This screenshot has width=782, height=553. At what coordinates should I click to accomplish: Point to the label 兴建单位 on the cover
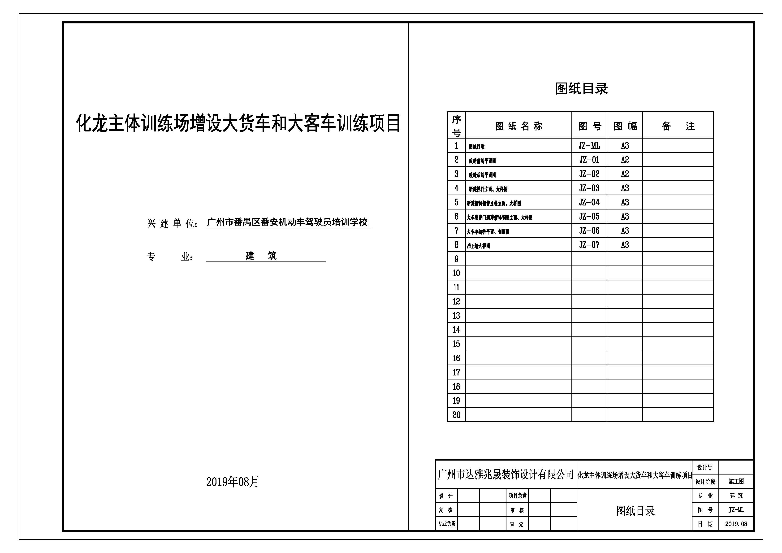[172, 223]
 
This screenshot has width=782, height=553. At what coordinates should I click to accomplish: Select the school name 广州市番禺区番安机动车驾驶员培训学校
[287, 222]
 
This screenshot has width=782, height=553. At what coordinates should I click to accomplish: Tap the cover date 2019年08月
[233, 481]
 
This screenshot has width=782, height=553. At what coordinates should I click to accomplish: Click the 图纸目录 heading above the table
[581, 89]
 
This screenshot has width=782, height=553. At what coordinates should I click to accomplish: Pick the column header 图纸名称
[518, 126]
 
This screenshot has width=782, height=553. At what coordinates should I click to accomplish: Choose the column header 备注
[678, 126]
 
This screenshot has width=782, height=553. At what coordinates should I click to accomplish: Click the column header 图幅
[625, 126]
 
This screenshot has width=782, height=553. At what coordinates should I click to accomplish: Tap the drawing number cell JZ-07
[589, 245]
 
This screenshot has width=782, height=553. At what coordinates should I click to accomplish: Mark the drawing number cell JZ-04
[589, 202]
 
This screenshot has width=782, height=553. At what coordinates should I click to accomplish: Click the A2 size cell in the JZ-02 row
[625, 174]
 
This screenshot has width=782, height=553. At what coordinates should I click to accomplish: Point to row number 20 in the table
[456, 415]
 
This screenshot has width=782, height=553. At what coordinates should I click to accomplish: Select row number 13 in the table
[456, 316]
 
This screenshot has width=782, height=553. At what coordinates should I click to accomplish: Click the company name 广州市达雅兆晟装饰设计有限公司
[505, 474]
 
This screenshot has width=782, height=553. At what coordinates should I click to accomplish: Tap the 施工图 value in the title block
[736, 481]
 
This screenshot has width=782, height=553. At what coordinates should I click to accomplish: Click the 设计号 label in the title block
[705, 467]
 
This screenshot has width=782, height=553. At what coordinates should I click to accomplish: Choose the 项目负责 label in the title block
[517, 495]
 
